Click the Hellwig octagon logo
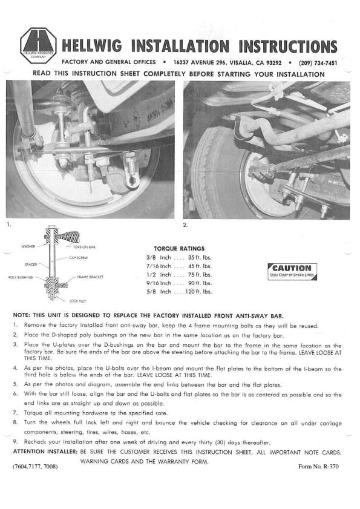[38, 45]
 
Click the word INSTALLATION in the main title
[180, 46]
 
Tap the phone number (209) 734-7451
[318, 63]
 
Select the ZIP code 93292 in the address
[273, 63]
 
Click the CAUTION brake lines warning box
[292, 271]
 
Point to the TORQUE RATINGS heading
[179, 249]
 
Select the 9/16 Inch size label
[159, 283]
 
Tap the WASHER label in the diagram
[28, 246]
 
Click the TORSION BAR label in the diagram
[84, 247]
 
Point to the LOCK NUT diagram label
[78, 301]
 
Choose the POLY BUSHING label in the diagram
[21, 277]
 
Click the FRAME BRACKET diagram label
[90, 277]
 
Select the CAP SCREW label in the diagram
[79, 258]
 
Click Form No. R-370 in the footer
[318, 467]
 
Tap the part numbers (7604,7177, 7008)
[35, 467]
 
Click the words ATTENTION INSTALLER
[45, 452]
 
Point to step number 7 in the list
[15, 413]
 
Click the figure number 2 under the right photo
[185, 225]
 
